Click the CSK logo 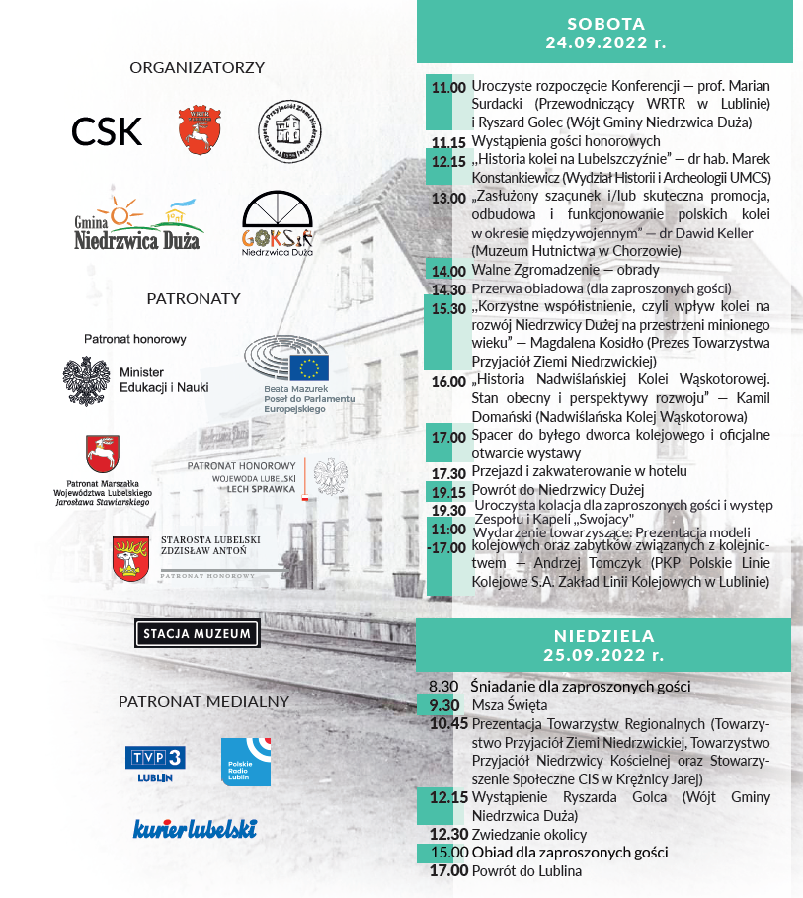[x=107, y=131]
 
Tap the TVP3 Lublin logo [x=155, y=763]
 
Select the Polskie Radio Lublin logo [x=245, y=762]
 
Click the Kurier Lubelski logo [x=195, y=828]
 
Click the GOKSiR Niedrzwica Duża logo [x=278, y=222]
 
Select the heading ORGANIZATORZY [x=198, y=68]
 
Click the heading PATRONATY [x=194, y=298]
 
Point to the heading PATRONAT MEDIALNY [x=203, y=702]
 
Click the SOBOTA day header [x=606, y=33]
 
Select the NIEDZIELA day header [x=606, y=644]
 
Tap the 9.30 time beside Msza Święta [x=443, y=704]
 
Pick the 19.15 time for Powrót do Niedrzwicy [x=447, y=491]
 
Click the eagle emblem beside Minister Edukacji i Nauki [x=86, y=380]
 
